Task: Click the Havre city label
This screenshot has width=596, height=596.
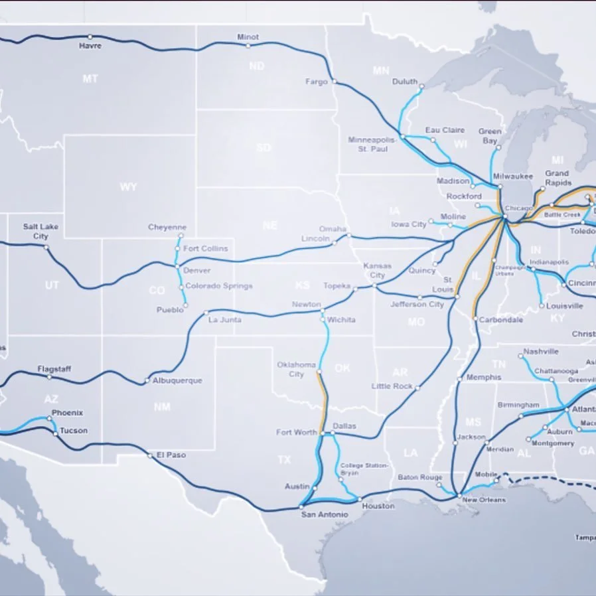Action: click(90, 46)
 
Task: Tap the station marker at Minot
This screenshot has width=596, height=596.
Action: click(248, 46)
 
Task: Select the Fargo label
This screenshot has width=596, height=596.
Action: click(317, 82)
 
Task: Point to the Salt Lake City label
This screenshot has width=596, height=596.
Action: click(40, 231)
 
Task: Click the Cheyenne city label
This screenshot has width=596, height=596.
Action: click(167, 227)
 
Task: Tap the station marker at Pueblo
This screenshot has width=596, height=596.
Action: click(185, 305)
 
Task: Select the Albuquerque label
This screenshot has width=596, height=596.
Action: click(177, 381)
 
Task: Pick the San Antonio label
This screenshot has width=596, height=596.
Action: click(324, 515)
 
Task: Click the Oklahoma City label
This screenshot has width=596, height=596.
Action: click(296, 370)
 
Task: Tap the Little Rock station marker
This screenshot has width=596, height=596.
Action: click(417, 388)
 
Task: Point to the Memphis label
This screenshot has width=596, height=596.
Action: click(484, 377)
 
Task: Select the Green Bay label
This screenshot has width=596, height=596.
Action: click(490, 136)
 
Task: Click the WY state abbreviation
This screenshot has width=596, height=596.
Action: click(128, 187)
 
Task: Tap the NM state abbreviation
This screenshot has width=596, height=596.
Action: click(162, 407)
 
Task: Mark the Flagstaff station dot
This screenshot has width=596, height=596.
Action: click(49, 377)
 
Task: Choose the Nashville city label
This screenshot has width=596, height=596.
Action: click(540, 351)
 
